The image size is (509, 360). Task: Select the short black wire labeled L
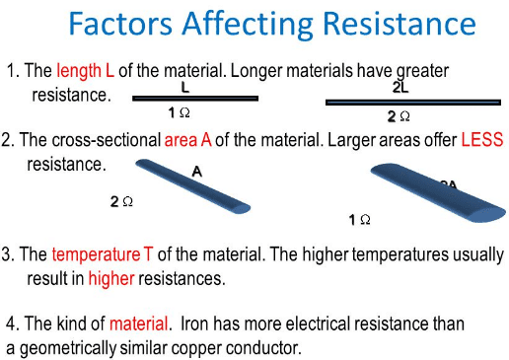[x=194, y=99]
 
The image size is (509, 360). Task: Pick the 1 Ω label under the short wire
[x=179, y=112]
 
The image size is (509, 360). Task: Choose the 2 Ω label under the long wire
[x=398, y=116]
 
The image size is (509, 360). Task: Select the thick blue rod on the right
[x=439, y=193]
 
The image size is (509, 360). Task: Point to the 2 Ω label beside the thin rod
[x=122, y=201]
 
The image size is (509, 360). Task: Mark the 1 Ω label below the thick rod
[x=360, y=219]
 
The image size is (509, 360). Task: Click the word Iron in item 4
[x=195, y=324]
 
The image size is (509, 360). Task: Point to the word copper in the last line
[x=208, y=347]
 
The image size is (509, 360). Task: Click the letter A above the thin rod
[x=196, y=172]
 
